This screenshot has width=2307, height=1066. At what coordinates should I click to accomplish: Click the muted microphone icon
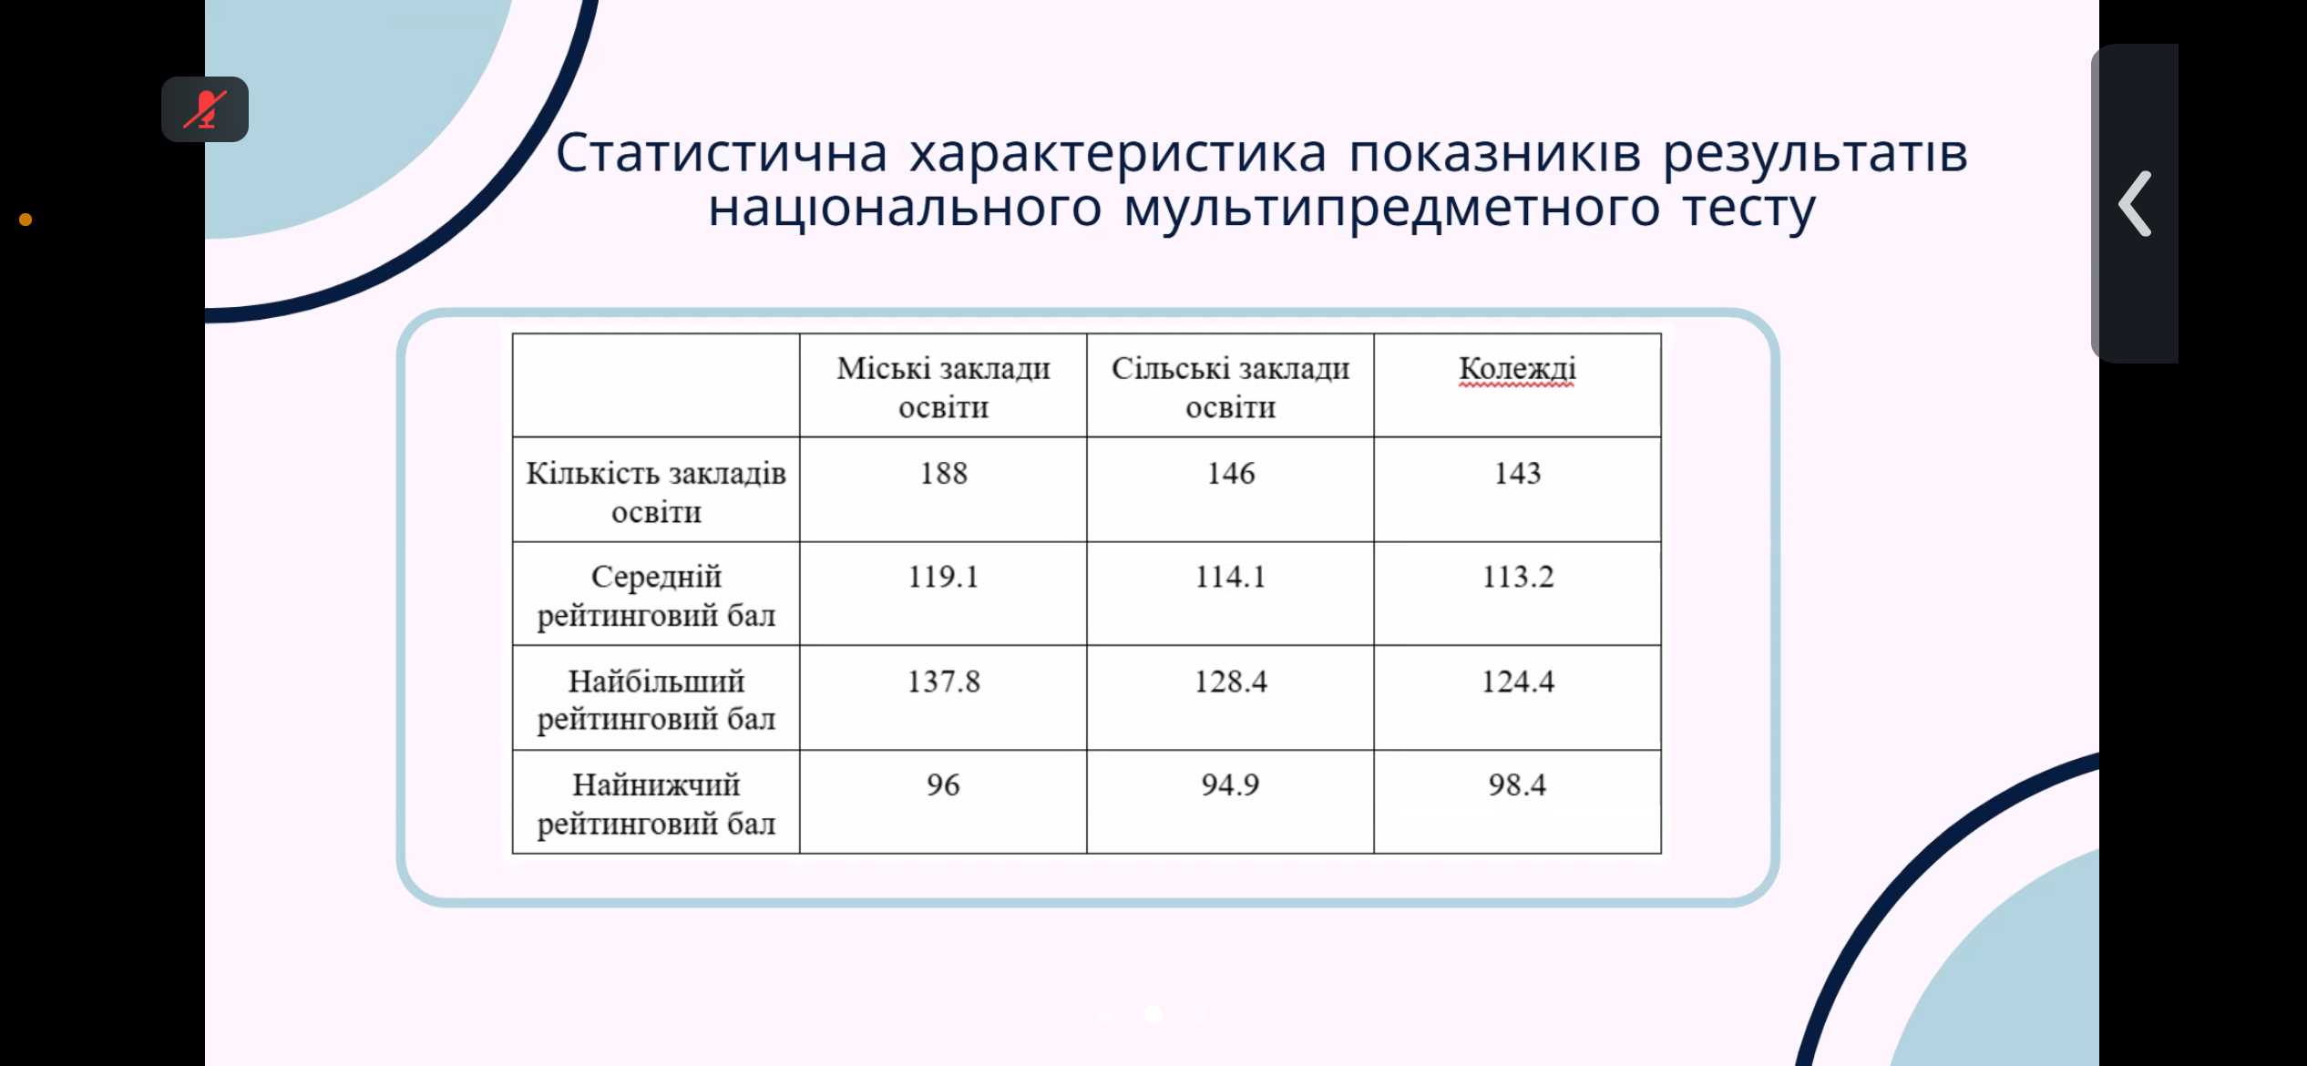click(205, 109)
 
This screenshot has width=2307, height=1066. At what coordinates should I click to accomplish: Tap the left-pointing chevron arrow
click(2135, 204)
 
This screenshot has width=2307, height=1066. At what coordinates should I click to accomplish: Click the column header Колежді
click(1517, 369)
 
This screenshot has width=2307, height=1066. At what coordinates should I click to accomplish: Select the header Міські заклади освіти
click(943, 387)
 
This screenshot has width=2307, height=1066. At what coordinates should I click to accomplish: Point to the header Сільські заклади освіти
click(1230, 387)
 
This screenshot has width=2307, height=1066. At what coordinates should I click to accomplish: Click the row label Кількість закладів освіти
click(656, 492)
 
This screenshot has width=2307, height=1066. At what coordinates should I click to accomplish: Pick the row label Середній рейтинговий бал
click(656, 596)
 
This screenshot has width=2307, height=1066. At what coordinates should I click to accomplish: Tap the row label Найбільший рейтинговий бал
click(656, 700)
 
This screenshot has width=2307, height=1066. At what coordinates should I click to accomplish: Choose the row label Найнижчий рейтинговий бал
click(656, 804)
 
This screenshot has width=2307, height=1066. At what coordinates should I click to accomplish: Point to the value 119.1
click(943, 577)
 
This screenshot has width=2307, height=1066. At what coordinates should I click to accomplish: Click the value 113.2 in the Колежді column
click(1517, 577)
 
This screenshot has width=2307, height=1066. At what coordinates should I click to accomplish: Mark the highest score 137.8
click(943, 682)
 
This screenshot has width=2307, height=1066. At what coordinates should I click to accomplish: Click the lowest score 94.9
click(1230, 784)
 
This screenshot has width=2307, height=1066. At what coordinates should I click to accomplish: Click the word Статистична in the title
click(722, 153)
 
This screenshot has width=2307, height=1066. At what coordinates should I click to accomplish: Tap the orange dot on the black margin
click(26, 220)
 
